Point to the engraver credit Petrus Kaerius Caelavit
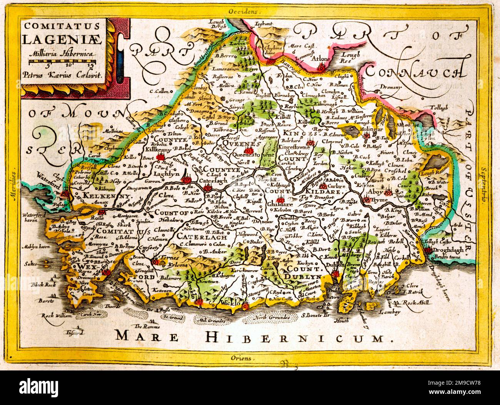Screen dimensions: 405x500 [x=62, y=75]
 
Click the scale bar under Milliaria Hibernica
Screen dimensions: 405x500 [x=62, y=61]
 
